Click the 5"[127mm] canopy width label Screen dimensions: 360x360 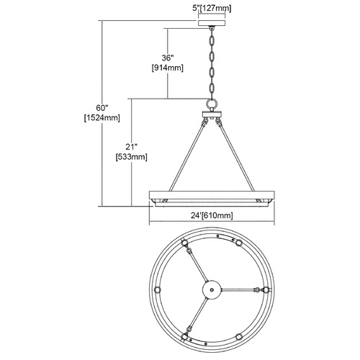tap(212, 8)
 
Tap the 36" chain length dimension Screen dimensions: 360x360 tap(167, 58)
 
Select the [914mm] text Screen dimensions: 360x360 tap(168, 68)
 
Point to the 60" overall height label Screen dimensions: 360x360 tap(102, 108)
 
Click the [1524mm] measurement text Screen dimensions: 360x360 tap(102, 118)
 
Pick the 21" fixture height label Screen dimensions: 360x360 tap(131, 147)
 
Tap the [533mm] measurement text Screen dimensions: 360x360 tap(131, 157)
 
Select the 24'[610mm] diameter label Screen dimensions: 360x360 tap(212, 215)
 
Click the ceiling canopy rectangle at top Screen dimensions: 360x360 tap(212, 23)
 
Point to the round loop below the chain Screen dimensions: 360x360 tap(212, 104)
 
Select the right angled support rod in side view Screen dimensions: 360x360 tap(237, 157)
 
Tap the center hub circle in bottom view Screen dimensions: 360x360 tap(212, 289)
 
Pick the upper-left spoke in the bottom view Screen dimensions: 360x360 tap(197, 264)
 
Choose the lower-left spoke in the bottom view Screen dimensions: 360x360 tap(197, 315)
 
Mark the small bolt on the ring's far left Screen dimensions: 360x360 tap(157, 290)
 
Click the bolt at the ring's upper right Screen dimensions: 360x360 tap(238, 243)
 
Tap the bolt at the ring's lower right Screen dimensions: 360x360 tap(238, 336)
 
